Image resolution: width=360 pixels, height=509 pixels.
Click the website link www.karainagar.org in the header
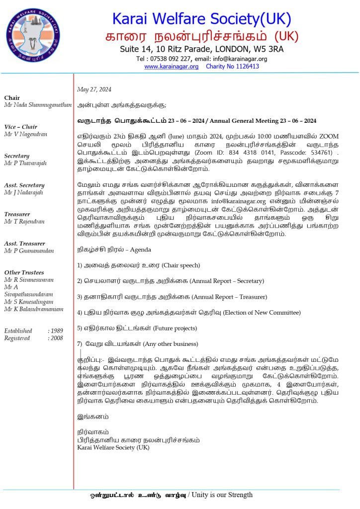(171, 66)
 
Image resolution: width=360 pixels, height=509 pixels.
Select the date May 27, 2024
(94, 89)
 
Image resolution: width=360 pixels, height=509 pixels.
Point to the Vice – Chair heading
(20, 127)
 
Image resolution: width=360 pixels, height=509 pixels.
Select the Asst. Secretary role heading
(25, 185)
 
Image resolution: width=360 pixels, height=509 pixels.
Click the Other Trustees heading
(24, 272)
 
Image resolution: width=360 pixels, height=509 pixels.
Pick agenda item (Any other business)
(170, 343)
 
